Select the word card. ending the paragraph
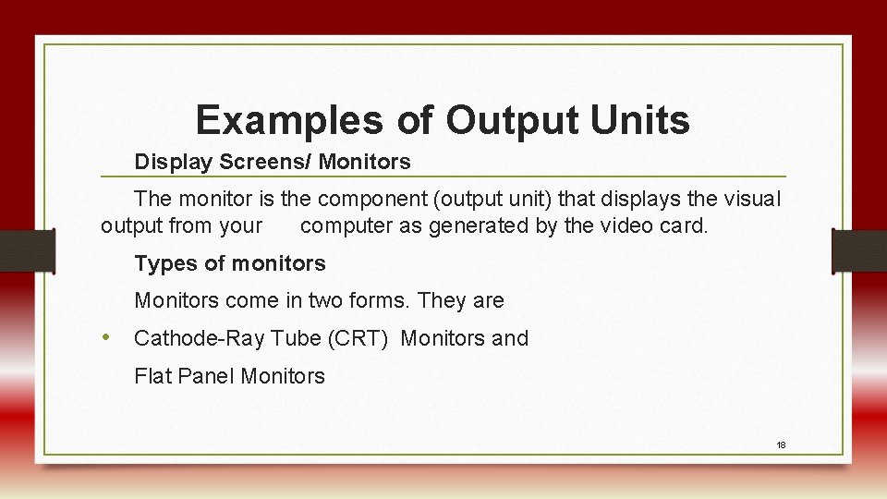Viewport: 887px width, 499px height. point(686,225)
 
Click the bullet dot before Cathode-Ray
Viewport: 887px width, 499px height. point(108,338)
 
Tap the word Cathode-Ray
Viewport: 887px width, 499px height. point(199,339)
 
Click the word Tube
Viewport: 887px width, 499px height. point(296,339)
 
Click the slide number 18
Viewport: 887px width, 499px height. point(781,445)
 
